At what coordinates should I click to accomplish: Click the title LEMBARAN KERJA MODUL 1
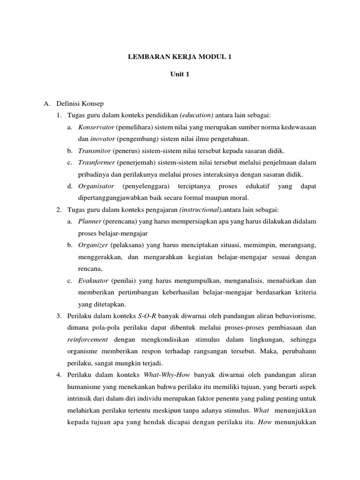tap(180, 57)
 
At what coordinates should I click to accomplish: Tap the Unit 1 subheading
tap(180, 74)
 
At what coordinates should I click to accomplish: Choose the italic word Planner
tap(90, 221)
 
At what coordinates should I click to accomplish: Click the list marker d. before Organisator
tap(69, 186)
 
